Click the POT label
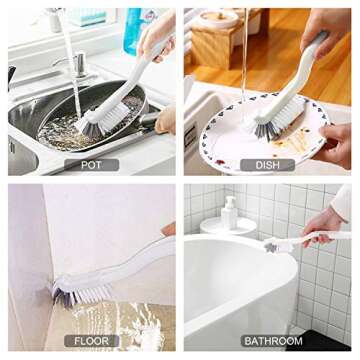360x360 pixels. [91, 164]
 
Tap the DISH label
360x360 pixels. [266, 164]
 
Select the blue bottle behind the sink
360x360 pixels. [134, 30]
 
